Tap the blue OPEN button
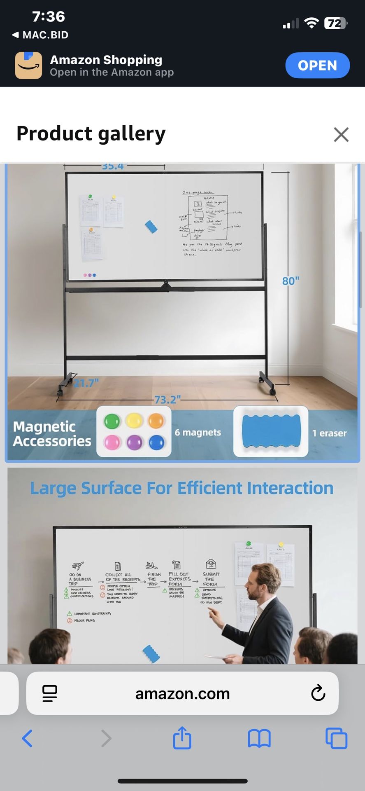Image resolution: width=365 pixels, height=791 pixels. (317, 65)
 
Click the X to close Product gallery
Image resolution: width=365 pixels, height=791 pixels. (341, 134)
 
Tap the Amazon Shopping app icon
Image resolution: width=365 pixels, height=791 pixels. (28, 65)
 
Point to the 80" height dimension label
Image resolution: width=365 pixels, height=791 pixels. (291, 281)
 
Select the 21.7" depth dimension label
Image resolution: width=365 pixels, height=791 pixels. (86, 383)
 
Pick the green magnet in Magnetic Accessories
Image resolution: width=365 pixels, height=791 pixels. (112, 421)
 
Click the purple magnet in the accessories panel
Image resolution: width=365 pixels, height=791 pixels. (134, 442)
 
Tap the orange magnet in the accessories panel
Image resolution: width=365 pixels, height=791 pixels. (156, 421)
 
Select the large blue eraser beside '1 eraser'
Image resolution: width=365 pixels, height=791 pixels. (271, 431)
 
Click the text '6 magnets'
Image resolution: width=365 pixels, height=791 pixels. (198, 433)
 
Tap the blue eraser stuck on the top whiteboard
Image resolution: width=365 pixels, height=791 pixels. (151, 227)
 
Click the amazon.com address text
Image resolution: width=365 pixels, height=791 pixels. (182, 693)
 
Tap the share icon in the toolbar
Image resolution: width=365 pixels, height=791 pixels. (182, 738)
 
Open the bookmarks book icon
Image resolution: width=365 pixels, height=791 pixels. (259, 738)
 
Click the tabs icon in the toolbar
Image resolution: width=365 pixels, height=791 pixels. (336, 738)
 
